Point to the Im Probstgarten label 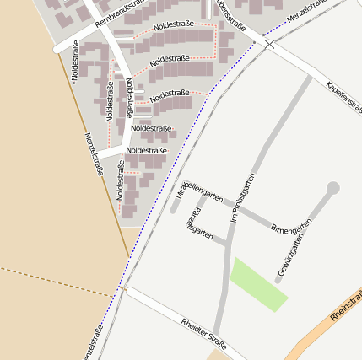[243, 197]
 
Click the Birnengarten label [292, 225]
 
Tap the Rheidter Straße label [204, 334]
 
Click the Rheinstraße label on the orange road [346, 305]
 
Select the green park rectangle [259, 285]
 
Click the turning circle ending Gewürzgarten [333, 188]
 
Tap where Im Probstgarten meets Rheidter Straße [218, 333]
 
